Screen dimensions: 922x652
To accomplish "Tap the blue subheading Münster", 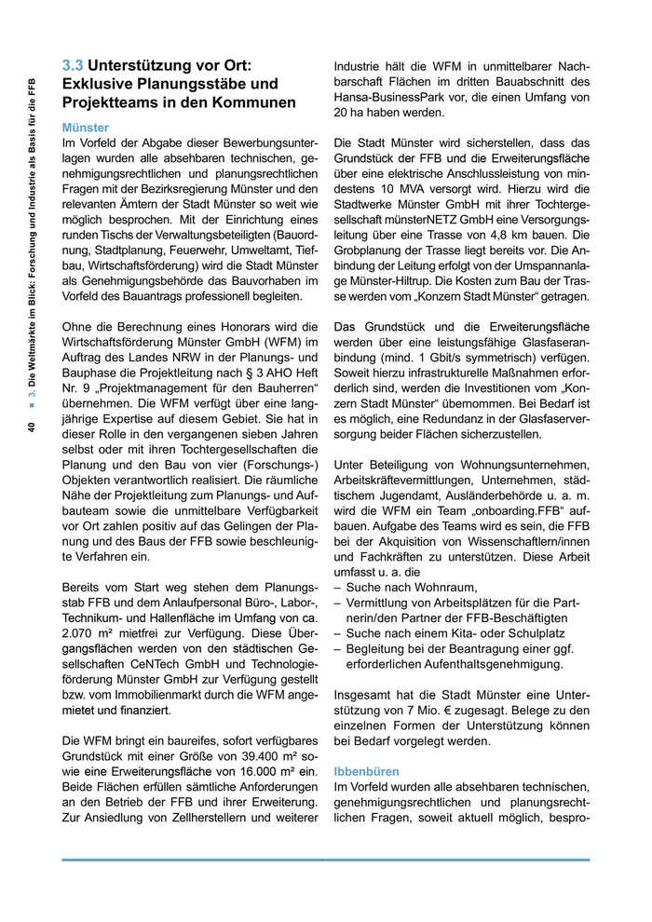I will (x=85, y=128).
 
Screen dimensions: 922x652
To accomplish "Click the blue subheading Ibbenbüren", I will (x=366, y=772).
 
